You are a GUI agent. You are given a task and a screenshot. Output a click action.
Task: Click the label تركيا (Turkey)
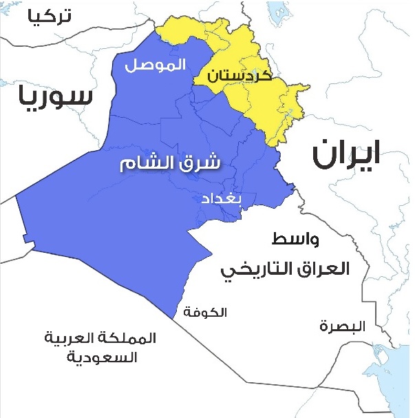pyautogui.click(x=49, y=18)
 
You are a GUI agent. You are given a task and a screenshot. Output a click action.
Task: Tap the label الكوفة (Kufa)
pyautogui.click(x=206, y=313)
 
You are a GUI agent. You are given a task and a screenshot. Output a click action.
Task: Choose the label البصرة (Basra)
pyautogui.click(x=343, y=325)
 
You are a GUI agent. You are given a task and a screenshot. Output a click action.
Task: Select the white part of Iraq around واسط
pyautogui.click(x=275, y=303)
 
